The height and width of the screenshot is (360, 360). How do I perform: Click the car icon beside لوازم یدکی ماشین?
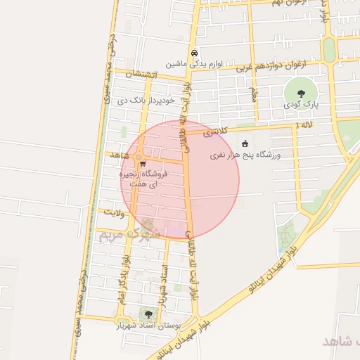(194, 53)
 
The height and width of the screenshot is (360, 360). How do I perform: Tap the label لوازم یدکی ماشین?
(194, 64)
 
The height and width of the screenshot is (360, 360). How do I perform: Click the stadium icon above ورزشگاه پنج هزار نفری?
(245, 143)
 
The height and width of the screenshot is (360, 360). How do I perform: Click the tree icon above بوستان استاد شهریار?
(148, 314)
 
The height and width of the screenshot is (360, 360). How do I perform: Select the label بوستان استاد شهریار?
(148, 326)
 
